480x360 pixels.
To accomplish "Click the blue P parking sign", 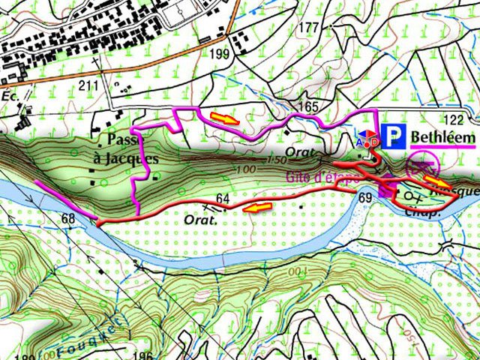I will point(394,136).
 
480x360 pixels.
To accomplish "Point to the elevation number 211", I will point(89,85).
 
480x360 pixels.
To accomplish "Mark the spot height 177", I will point(308,28).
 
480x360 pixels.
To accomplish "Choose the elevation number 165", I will point(308,107).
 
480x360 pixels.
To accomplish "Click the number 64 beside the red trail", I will point(222,198).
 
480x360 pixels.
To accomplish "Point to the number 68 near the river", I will point(70,218).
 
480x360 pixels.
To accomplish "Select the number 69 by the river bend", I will point(366,197).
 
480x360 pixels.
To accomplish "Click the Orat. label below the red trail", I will point(200,220).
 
